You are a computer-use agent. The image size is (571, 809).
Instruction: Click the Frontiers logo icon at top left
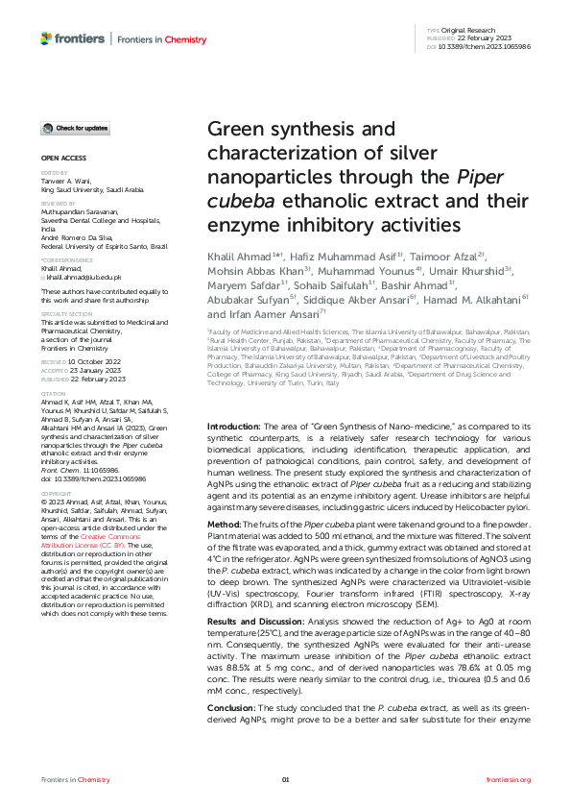46,38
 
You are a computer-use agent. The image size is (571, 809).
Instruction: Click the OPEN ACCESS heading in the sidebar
62,156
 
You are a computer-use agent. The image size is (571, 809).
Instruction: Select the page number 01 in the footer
285,779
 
